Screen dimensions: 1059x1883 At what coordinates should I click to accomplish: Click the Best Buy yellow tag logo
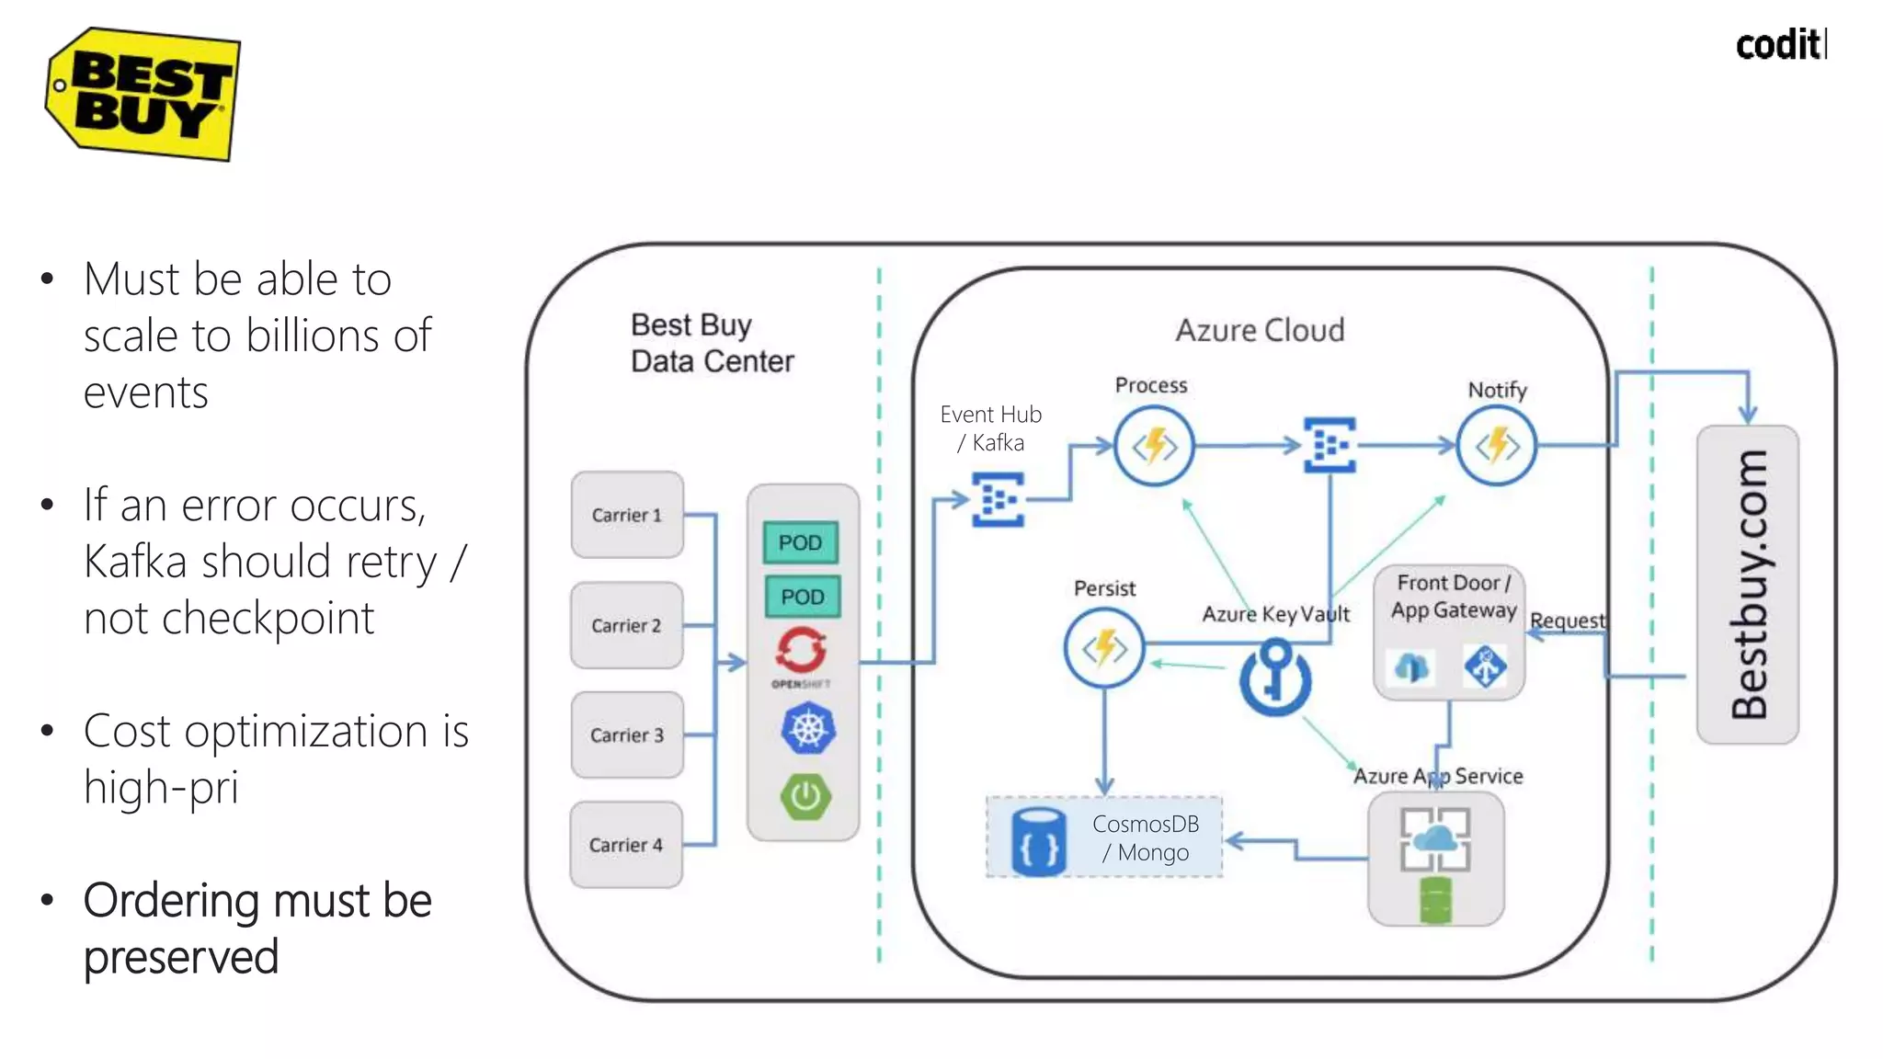[143, 94]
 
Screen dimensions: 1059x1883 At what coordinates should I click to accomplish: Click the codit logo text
[1780, 44]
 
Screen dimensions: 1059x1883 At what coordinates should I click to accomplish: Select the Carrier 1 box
[626, 515]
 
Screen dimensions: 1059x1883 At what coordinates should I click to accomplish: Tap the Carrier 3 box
[626, 735]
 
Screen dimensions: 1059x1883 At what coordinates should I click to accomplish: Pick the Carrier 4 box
[625, 845]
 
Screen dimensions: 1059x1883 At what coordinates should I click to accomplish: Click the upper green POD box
[800, 542]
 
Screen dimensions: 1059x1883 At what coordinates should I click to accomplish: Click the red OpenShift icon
[801, 651]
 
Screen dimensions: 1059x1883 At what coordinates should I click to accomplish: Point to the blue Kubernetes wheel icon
[807, 729]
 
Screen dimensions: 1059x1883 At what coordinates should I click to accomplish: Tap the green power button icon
[805, 796]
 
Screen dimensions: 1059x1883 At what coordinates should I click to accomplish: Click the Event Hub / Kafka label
[991, 428]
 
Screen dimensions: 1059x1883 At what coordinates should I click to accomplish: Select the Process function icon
[1154, 447]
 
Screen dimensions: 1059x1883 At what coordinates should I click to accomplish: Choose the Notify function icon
[1497, 447]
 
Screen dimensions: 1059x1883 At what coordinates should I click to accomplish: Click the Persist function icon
[1104, 649]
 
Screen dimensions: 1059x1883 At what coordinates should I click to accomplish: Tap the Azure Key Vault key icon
[1275, 678]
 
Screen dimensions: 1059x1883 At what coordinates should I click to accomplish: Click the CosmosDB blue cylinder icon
[1039, 841]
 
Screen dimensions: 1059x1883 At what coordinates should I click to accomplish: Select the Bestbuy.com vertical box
[1747, 585]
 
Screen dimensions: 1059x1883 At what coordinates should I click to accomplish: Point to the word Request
[1568, 621]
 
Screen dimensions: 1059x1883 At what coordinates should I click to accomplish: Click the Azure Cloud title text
[1260, 330]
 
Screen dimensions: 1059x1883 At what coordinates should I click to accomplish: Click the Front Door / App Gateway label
[1453, 597]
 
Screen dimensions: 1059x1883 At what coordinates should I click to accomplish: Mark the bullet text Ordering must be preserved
[257, 928]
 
